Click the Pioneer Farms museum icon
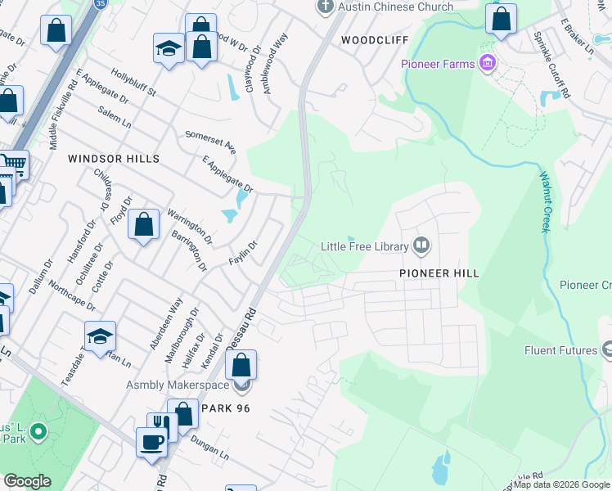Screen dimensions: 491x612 [488, 63]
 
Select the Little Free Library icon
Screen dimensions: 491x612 [422, 245]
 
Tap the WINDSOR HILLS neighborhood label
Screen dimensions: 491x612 [113, 158]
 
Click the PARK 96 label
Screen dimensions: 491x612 [226, 408]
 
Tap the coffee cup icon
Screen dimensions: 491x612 [151, 441]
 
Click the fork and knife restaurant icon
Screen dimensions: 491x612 [161, 426]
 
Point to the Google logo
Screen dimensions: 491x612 [27, 481]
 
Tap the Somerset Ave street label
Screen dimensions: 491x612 [211, 142]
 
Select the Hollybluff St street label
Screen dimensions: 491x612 [134, 83]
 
